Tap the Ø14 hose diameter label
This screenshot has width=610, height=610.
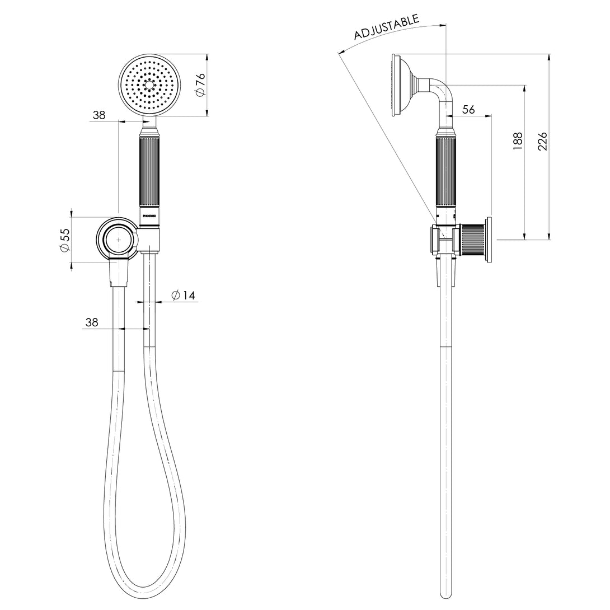coord(184,295)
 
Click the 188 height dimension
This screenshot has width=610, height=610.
coord(517,140)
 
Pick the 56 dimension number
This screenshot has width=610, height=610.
coord(469,110)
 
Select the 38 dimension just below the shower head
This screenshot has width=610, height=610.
coord(99,115)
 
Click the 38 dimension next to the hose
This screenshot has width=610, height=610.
coord(92,322)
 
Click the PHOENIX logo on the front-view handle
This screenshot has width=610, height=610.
coord(150,214)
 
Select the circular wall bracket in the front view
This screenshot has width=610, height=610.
coord(118,239)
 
